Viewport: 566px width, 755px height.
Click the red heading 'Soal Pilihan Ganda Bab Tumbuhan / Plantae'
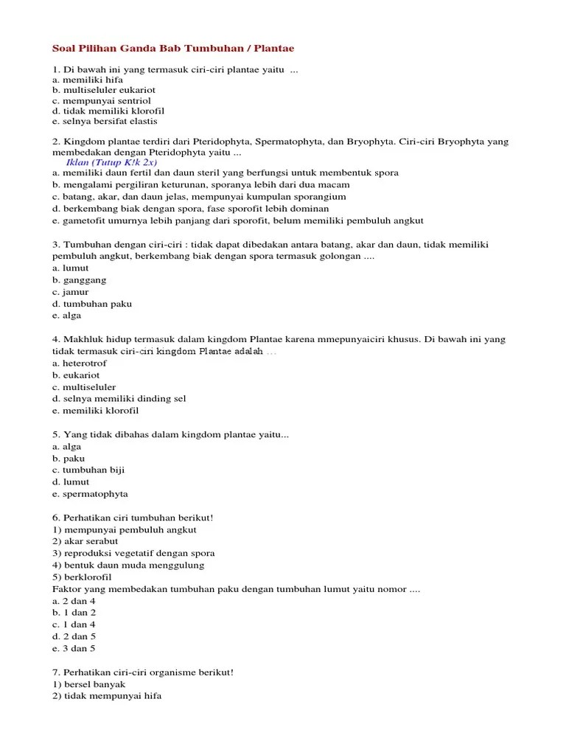(173, 49)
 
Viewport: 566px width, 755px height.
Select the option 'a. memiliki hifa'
(87, 80)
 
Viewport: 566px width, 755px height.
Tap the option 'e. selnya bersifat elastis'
(105, 121)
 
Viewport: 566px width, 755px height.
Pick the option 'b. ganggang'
(80, 280)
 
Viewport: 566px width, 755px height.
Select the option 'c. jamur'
(71, 292)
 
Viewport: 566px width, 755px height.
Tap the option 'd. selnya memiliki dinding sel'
(119, 399)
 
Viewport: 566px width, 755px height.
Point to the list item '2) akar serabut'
(85, 541)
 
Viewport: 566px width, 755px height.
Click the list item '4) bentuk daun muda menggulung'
(128, 565)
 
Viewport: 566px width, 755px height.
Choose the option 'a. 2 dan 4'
(74, 601)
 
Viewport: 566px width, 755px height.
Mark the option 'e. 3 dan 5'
(74, 648)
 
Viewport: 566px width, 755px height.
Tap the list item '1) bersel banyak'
(88, 684)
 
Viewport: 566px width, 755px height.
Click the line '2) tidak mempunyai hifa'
(107, 696)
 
